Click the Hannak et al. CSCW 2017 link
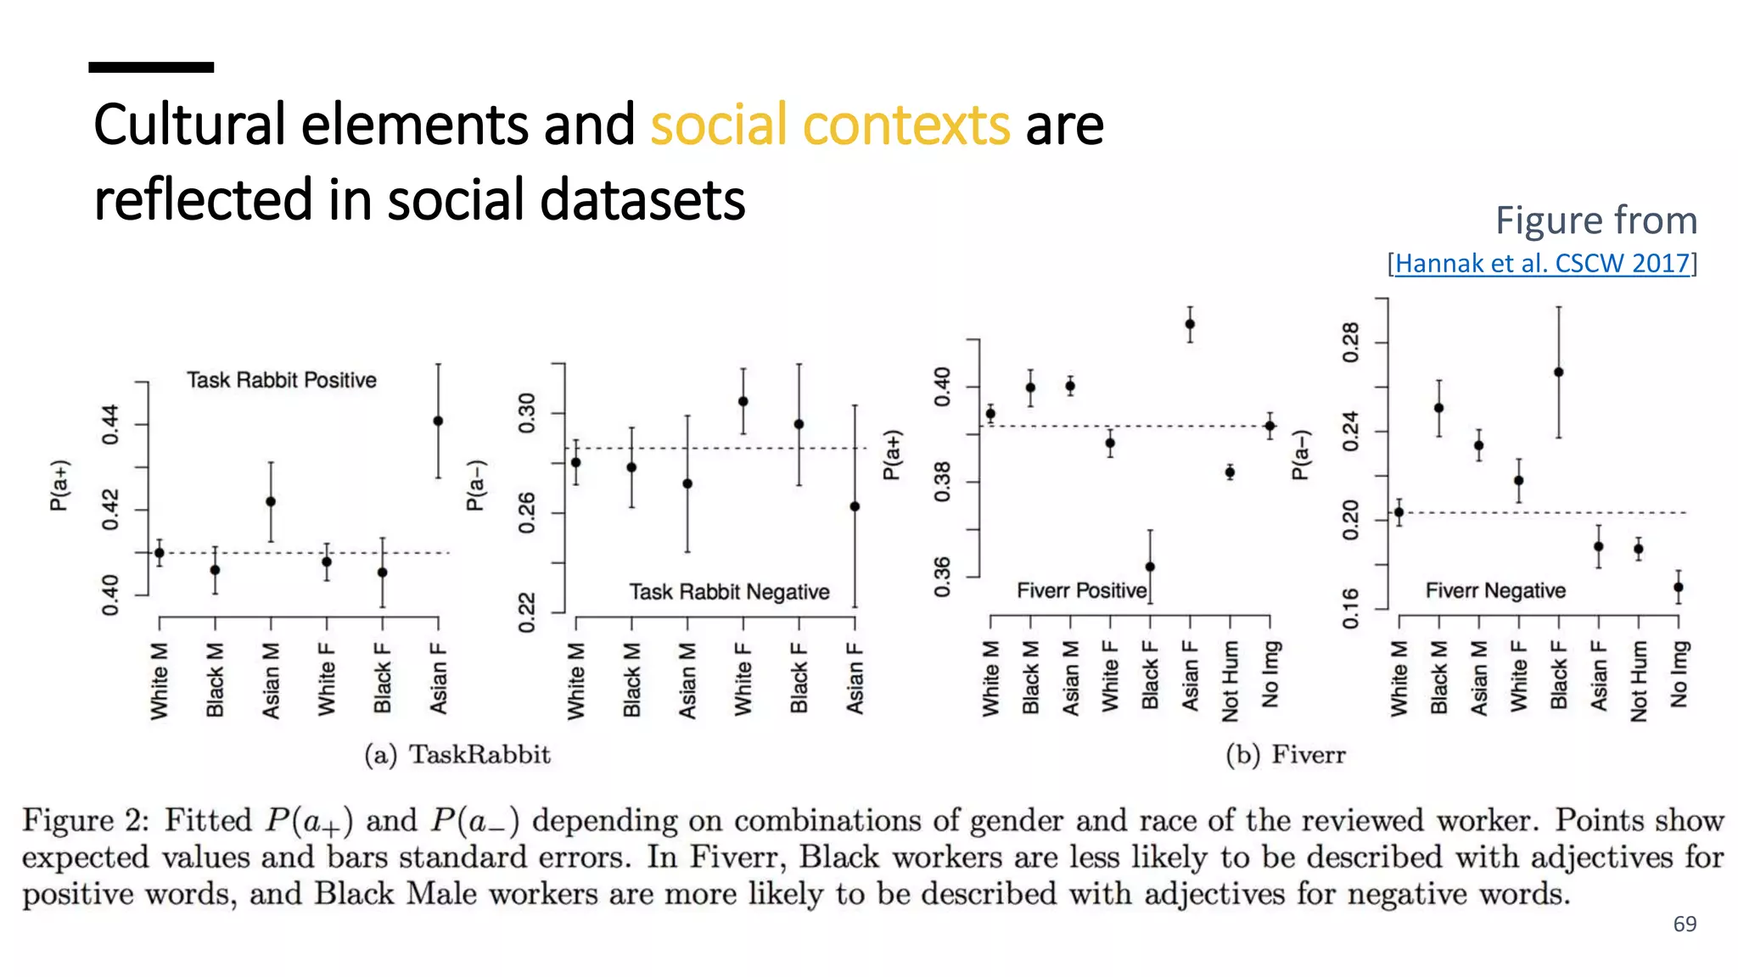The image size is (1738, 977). click(x=1542, y=263)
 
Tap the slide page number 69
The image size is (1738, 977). click(x=1685, y=924)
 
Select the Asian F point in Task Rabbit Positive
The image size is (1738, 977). click(x=438, y=421)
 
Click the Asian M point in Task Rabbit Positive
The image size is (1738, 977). click(x=271, y=501)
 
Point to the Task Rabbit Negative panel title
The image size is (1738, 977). click(x=729, y=591)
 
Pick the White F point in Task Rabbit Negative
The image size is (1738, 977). click(x=743, y=401)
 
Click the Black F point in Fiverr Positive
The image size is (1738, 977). click(x=1150, y=567)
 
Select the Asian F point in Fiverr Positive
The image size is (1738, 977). click(x=1190, y=324)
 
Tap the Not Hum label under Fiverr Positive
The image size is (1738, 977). click(x=1230, y=680)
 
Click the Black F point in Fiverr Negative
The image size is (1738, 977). click(x=1559, y=372)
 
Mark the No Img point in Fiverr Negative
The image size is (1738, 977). click(x=1679, y=587)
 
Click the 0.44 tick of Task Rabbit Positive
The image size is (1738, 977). click(x=110, y=424)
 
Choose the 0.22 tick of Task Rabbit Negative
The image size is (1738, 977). click(x=527, y=612)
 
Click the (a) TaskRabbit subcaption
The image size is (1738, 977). click(x=457, y=754)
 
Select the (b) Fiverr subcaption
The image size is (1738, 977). click(x=1285, y=754)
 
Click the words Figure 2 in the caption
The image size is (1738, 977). click(x=84, y=820)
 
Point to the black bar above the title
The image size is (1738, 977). click(x=151, y=67)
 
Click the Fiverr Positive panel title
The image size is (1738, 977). click(x=1081, y=590)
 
